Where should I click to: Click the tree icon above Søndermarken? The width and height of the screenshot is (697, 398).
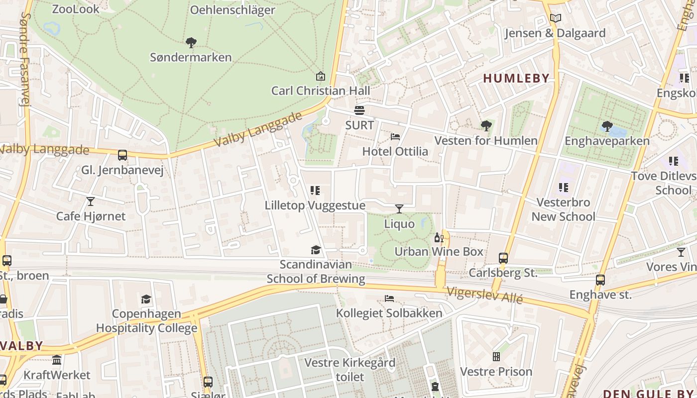click(x=191, y=43)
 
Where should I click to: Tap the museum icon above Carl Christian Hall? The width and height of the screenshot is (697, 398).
click(x=321, y=76)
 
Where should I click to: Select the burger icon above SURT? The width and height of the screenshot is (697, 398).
click(x=359, y=110)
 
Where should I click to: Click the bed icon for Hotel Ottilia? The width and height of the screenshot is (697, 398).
click(x=395, y=136)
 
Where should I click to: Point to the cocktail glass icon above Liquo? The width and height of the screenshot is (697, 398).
click(x=399, y=208)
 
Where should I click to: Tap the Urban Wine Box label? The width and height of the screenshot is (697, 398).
click(x=439, y=251)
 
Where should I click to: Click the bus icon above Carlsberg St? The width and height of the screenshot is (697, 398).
click(x=503, y=258)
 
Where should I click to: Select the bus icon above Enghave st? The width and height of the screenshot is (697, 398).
click(x=600, y=280)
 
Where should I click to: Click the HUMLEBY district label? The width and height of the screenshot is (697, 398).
click(x=516, y=78)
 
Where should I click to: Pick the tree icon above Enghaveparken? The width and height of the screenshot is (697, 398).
click(x=607, y=126)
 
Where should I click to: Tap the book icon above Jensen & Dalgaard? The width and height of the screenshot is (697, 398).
click(x=556, y=18)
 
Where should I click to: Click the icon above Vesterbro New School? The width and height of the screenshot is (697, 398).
click(x=564, y=188)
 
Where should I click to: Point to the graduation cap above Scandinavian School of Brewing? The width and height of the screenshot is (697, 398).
click(x=316, y=250)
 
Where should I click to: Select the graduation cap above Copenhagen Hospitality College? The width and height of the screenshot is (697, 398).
click(x=146, y=299)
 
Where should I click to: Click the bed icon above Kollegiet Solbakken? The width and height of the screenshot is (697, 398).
click(x=389, y=298)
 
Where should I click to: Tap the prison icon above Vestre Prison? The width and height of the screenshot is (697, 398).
click(x=496, y=357)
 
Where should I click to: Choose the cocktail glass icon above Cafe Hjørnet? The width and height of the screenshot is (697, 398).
click(x=91, y=201)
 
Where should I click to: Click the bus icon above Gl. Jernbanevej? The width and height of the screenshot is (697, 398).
click(x=122, y=155)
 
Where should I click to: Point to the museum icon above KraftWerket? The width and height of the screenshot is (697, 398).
click(x=57, y=360)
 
